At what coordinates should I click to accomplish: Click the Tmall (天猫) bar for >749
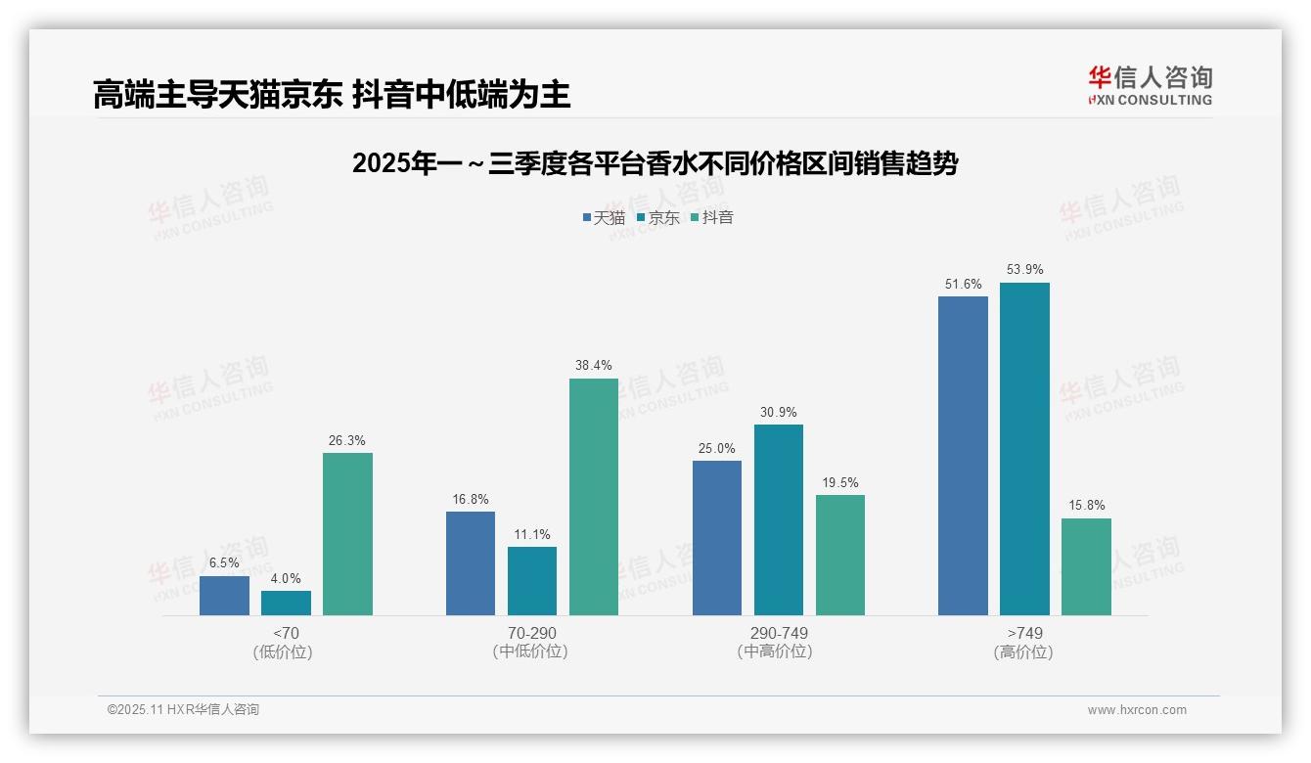(x=963, y=456)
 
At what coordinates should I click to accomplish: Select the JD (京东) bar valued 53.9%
(x=1024, y=449)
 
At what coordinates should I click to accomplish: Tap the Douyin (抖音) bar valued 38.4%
(x=594, y=497)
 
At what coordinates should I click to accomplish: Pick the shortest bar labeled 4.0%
(x=286, y=603)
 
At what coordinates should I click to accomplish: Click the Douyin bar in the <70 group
(x=347, y=534)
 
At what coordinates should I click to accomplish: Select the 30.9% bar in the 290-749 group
(x=779, y=519)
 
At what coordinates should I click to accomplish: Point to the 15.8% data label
(x=1086, y=506)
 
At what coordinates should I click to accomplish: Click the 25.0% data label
(x=717, y=449)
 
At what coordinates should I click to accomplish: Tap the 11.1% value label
(x=532, y=535)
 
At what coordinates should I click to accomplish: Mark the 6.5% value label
(x=224, y=563)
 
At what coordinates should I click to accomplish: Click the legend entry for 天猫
(x=604, y=217)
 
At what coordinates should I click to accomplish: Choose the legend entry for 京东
(x=658, y=217)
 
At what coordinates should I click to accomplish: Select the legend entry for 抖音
(x=713, y=217)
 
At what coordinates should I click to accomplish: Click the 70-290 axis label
(x=532, y=633)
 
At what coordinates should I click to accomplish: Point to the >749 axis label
(x=1024, y=633)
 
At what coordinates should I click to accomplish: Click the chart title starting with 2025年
(x=655, y=163)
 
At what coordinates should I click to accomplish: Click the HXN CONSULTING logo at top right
(x=1150, y=85)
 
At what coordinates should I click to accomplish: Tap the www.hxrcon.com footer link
(x=1137, y=710)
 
